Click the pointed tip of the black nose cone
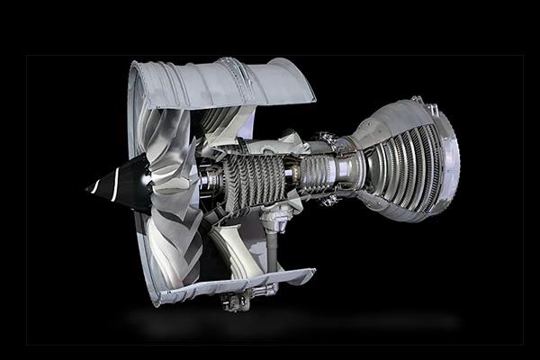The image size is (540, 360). click(88, 190)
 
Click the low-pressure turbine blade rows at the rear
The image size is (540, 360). click(405, 166)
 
